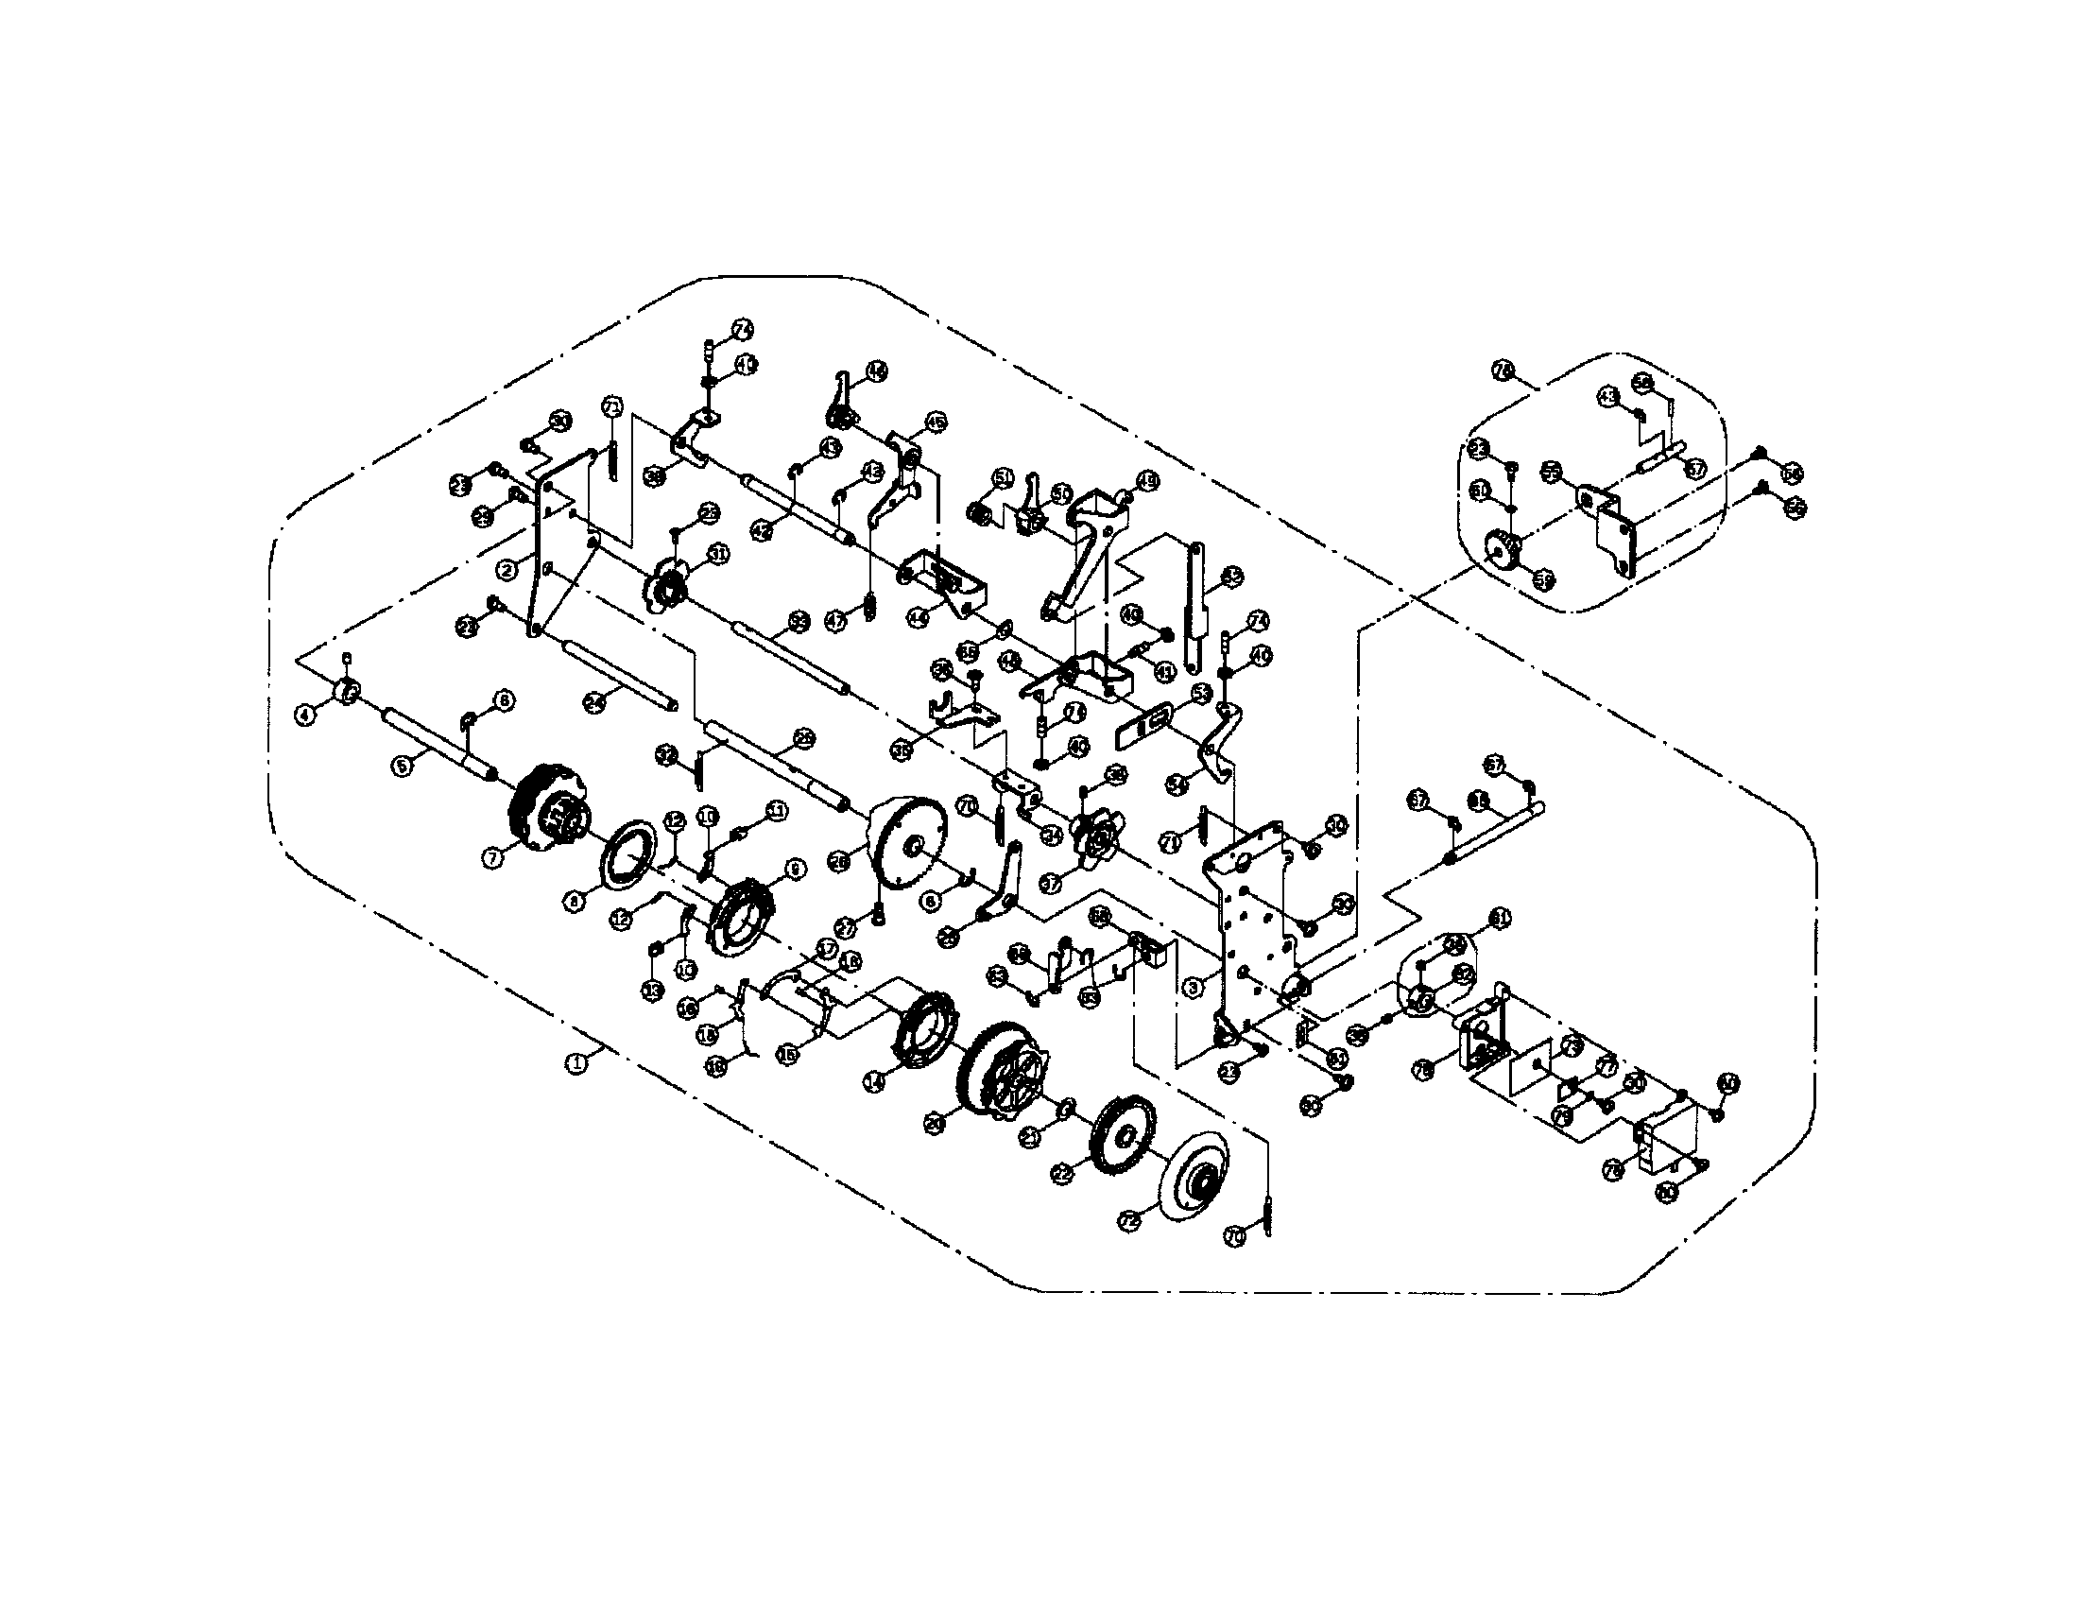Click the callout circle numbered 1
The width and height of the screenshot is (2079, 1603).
click(x=576, y=1063)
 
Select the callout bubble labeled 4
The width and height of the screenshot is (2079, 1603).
click(x=304, y=714)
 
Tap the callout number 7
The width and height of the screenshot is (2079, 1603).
click(x=492, y=857)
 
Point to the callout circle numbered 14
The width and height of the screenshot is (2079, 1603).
click(x=875, y=1079)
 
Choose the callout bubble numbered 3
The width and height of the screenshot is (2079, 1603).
click(x=1194, y=988)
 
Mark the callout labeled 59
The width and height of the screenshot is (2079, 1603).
click(x=1544, y=577)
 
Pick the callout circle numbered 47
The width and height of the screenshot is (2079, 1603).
click(x=834, y=622)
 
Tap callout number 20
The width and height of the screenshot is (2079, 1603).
click(x=936, y=1124)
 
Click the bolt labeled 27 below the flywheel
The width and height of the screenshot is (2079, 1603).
click(x=878, y=914)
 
